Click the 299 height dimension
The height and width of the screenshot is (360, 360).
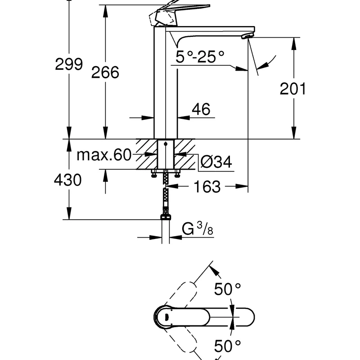pos(69,64)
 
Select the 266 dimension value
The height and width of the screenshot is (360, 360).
pos(105,72)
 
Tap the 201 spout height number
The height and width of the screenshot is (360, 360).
pos(292,89)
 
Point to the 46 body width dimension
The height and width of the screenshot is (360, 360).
pos(201,109)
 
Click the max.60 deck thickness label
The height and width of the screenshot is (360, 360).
pos(103,155)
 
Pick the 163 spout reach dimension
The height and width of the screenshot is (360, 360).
pos(208,186)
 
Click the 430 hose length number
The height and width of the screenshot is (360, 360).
pos(67,180)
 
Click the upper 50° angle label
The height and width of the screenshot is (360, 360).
pos(228,290)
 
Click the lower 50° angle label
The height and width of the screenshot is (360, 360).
pos(228,346)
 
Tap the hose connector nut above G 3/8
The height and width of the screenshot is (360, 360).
pos(166,217)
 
